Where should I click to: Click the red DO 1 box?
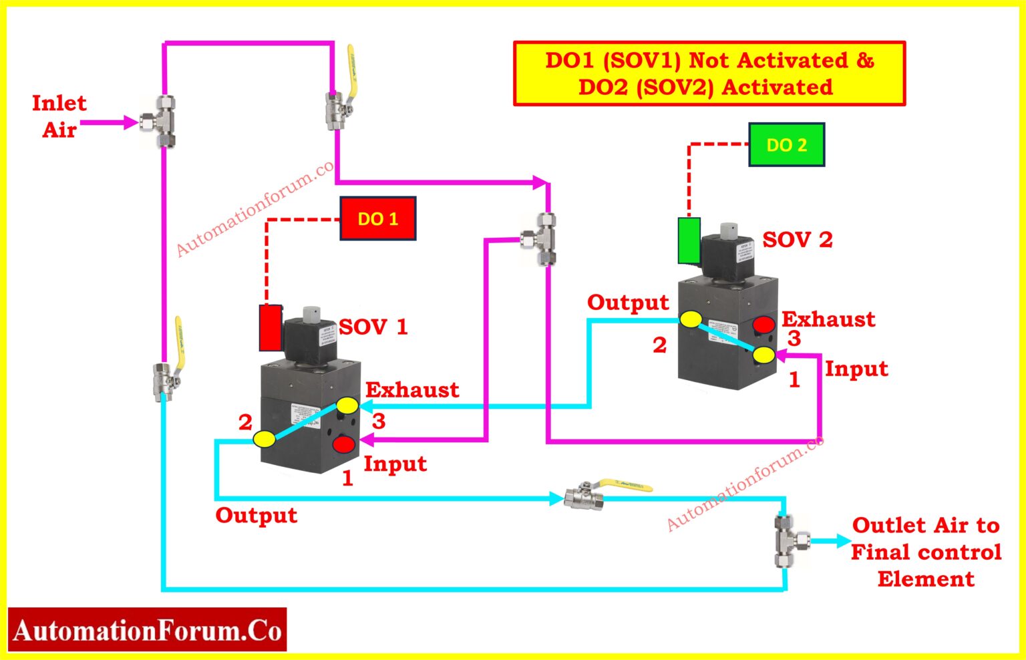click(x=378, y=219)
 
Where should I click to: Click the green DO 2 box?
click(x=786, y=145)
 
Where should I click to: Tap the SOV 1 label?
click(x=373, y=327)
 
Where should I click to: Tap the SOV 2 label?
click(x=798, y=240)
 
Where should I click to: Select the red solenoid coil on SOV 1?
click(x=271, y=328)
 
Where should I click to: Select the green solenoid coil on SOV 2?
click(x=689, y=240)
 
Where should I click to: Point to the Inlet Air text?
click(x=59, y=116)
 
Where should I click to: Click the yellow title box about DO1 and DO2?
click(x=709, y=73)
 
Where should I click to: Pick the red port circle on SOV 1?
click(x=345, y=443)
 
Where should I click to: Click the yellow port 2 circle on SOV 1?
click(x=264, y=439)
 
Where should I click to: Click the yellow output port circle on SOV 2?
click(x=691, y=319)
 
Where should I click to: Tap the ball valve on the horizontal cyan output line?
click(x=584, y=496)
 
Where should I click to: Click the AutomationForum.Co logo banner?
click(x=148, y=630)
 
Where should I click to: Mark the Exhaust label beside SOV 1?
click(x=412, y=390)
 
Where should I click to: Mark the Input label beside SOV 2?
click(x=856, y=369)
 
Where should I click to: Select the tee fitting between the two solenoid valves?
click(x=544, y=238)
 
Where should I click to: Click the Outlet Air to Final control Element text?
click(x=926, y=552)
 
